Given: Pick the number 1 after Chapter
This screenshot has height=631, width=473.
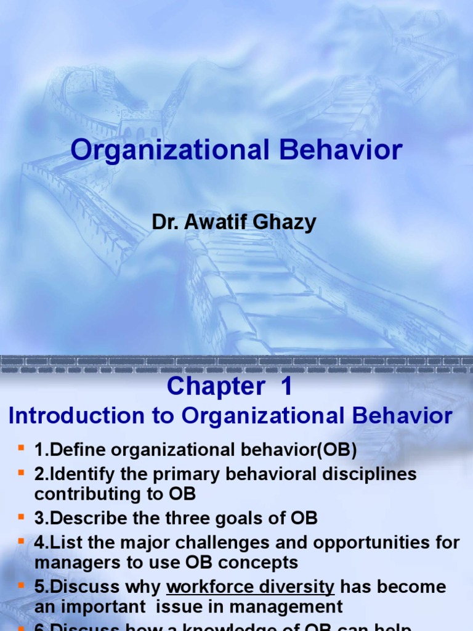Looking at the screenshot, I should [286, 387].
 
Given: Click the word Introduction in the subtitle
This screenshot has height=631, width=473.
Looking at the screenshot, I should [73, 416].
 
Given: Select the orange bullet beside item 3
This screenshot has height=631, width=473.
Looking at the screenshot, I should [21, 517].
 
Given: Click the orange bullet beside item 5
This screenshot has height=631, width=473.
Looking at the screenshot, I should [21, 585].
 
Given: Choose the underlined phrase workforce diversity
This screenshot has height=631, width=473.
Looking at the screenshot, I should [251, 586].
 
